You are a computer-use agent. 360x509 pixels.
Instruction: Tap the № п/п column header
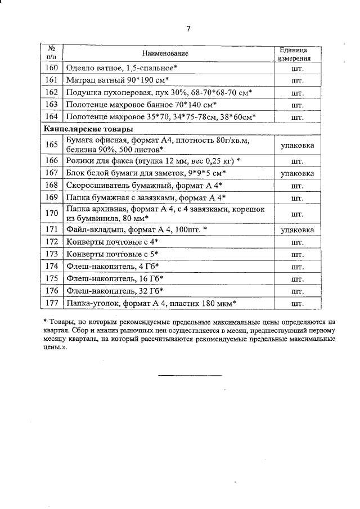pos(51,53)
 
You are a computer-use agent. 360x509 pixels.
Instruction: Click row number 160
pos(51,67)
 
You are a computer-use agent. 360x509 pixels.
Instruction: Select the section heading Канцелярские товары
pos(84,129)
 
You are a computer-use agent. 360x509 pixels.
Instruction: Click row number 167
pos(51,173)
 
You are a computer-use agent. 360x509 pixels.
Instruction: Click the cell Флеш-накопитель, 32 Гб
pos(115,291)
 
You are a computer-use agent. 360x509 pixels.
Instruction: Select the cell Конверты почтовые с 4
pos(112,242)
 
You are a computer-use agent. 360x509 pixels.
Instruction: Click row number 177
pos(51,303)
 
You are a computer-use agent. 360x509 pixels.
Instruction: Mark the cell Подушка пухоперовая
pos(159,92)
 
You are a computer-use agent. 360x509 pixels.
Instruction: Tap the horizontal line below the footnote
pos(190,375)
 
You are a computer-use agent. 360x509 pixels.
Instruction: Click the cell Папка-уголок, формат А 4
pos(151,303)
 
